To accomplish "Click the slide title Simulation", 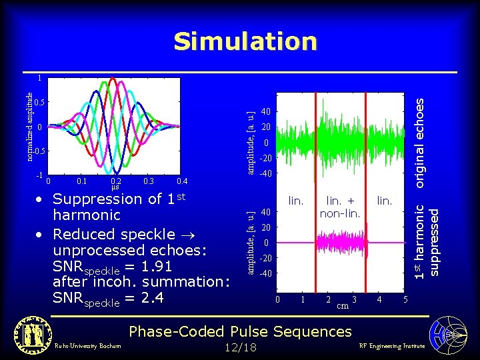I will click(x=245, y=42).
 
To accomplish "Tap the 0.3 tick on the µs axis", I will click(x=149, y=181).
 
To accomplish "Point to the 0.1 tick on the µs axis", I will click(x=82, y=181).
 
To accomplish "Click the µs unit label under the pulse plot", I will click(x=115, y=188).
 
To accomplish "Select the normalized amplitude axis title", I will click(x=29, y=126).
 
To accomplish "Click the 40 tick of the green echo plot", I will click(x=266, y=111).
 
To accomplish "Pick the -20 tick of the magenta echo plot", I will click(x=265, y=258).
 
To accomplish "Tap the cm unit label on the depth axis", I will click(x=341, y=306).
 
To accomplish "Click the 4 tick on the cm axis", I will click(x=379, y=300).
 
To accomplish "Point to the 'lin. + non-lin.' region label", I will click(x=340, y=207).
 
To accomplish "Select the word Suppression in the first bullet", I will click(x=97, y=199).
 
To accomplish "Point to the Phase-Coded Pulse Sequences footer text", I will click(x=239, y=331).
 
